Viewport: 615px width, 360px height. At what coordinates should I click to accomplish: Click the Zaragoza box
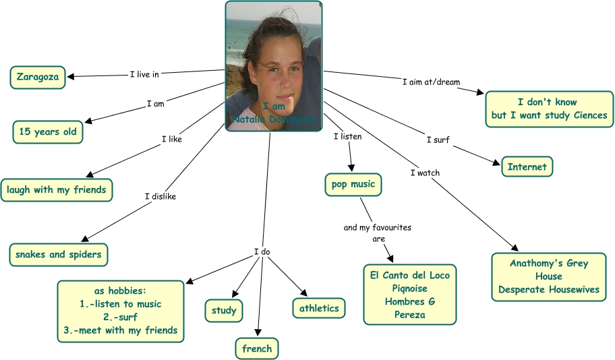(x=38, y=77)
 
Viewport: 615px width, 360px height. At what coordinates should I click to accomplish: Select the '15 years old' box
(x=48, y=132)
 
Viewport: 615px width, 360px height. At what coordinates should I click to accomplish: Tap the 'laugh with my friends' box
(x=57, y=190)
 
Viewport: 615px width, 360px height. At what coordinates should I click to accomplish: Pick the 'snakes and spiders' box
(x=59, y=255)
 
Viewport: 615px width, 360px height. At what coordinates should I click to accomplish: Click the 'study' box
(x=224, y=311)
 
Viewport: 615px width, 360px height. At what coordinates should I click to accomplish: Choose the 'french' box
(x=257, y=349)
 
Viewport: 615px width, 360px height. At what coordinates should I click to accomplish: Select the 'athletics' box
(x=319, y=308)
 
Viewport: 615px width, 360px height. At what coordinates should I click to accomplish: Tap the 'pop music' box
(x=353, y=184)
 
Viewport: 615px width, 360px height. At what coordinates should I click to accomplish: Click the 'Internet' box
(x=527, y=167)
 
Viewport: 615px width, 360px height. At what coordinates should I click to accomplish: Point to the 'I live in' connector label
(x=144, y=74)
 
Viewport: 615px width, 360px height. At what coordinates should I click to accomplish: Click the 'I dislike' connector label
(x=160, y=197)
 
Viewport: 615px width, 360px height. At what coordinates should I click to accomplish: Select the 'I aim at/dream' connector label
(x=431, y=82)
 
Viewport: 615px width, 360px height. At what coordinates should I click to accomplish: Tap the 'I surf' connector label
(x=438, y=140)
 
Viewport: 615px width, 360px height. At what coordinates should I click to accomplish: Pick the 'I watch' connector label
(x=425, y=173)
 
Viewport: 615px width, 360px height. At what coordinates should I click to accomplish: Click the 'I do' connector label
(x=262, y=252)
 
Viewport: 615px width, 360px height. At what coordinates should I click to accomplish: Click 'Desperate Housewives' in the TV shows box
(x=548, y=290)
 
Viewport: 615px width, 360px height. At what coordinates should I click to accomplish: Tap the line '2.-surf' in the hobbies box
(x=121, y=317)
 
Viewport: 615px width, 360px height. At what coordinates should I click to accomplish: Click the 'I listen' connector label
(x=348, y=137)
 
